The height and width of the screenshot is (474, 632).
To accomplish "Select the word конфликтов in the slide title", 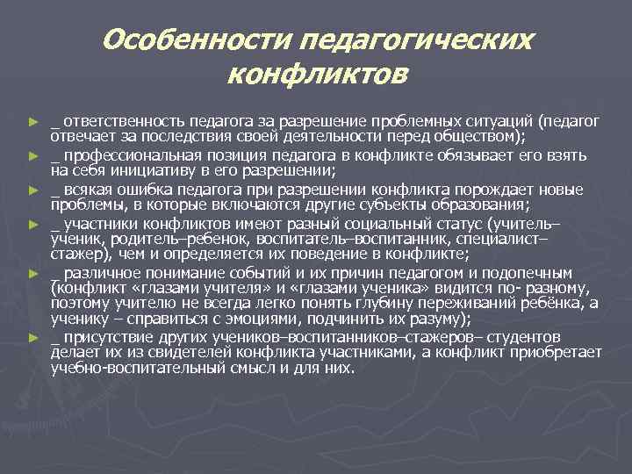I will (x=317, y=75).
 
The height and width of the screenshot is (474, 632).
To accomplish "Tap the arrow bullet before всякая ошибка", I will (x=32, y=189).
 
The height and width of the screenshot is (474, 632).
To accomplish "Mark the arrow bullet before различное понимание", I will (x=32, y=273).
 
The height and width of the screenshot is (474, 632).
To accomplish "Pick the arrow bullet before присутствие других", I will (x=32, y=338).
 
